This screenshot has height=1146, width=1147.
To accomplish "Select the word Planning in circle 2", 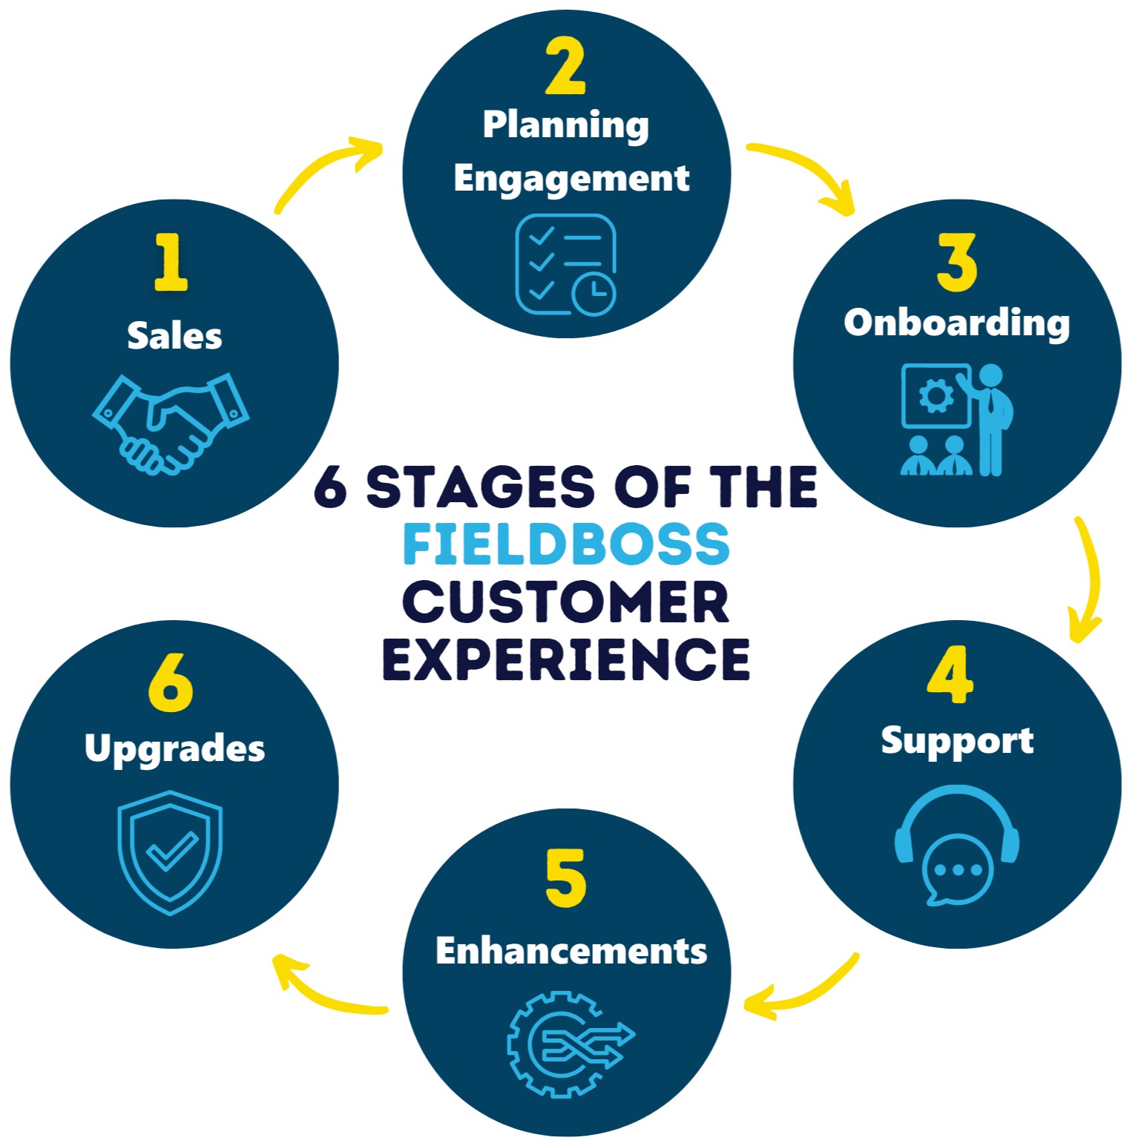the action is pos(565,125).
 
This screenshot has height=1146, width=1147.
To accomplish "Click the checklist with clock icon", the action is pos(566,265).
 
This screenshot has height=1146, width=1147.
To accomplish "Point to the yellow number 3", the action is pos(956,263).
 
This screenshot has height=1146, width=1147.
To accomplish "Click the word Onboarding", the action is pos(957,323).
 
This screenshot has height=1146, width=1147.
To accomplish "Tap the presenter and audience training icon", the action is pos(957,420).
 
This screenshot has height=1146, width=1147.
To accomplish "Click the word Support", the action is pos(957,742).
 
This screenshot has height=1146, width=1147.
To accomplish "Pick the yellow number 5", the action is pos(565,879).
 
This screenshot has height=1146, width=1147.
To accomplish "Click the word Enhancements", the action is pos(571,951).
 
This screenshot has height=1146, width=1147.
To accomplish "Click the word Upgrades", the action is pos(174,749).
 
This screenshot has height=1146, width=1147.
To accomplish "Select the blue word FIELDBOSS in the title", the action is pos(566,544).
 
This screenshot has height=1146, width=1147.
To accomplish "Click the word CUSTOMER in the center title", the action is pos(566,602).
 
